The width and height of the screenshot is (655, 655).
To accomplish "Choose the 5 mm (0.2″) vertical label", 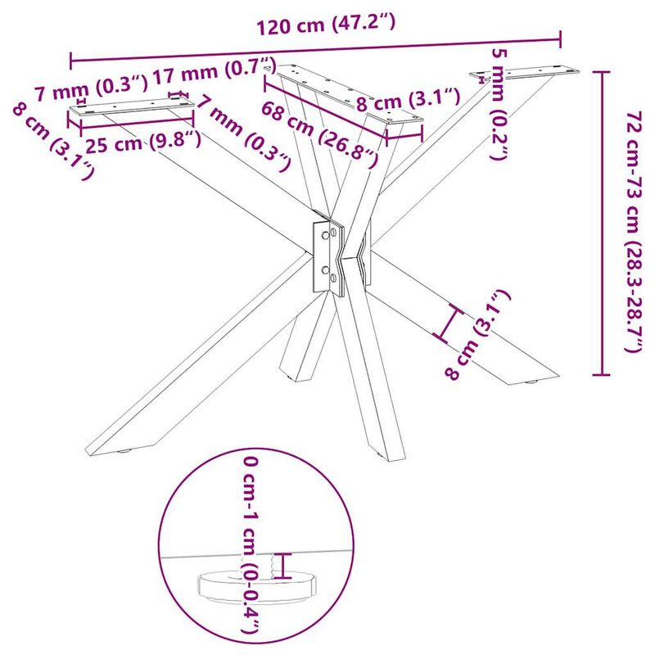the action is [499, 104].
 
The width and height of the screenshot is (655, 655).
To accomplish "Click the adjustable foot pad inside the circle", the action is [256, 589].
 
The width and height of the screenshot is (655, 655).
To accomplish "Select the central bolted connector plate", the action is [328, 257].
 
